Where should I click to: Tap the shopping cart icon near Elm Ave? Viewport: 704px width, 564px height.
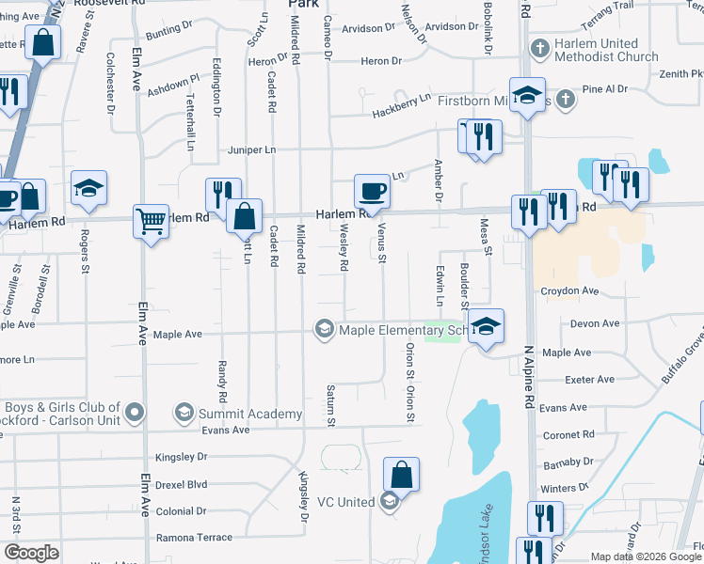[x=151, y=222]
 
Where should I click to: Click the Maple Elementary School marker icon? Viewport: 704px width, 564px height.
[x=325, y=329]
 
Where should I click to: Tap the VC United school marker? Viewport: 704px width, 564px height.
[x=389, y=502]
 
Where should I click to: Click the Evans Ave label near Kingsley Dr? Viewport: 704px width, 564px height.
[x=225, y=430]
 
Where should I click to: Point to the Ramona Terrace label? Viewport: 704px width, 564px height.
[x=194, y=537]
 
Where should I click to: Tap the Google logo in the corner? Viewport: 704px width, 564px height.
[x=31, y=553]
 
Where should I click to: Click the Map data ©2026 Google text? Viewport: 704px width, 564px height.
[x=647, y=556]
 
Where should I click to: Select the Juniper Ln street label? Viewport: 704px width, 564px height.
[x=250, y=150]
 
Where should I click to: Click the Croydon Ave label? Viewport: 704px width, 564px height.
[x=569, y=291]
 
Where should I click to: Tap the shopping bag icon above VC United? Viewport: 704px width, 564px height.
[x=402, y=475]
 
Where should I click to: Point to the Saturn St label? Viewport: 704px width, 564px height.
[x=331, y=402]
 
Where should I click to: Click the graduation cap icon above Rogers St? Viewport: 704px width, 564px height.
[x=89, y=188]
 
